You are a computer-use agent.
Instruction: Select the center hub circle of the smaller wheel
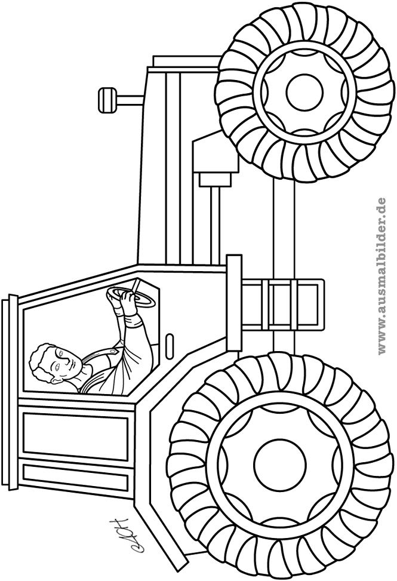[305, 91]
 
